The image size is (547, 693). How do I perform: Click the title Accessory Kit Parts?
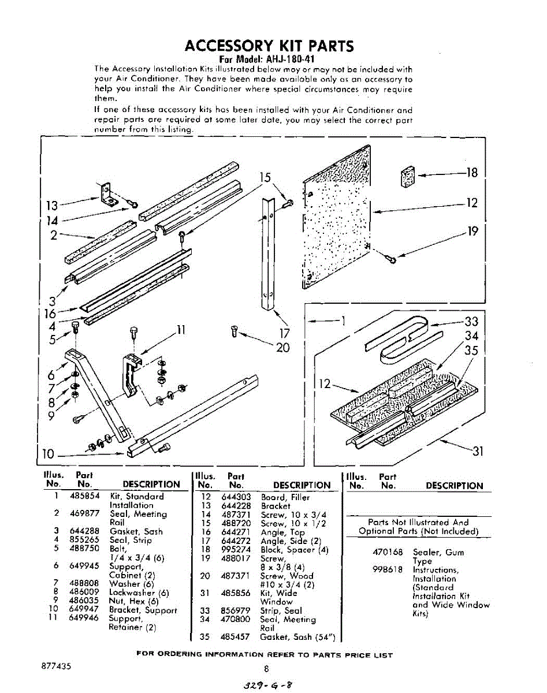[x=269, y=46]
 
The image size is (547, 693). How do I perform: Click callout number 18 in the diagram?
[x=471, y=173]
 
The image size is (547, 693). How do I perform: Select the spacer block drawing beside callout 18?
[x=408, y=176]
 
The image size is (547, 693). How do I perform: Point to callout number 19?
[x=472, y=231]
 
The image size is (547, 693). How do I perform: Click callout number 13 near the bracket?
[x=51, y=206]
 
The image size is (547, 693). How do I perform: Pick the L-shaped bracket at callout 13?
[x=108, y=194]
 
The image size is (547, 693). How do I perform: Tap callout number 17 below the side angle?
[x=284, y=333]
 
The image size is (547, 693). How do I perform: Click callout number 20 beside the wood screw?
[x=282, y=348]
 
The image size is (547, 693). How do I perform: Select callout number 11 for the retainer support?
[x=181, y=330]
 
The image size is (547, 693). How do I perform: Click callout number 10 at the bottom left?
[x=49, y=454]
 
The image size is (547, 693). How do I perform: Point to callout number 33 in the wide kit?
[x=471, y=322]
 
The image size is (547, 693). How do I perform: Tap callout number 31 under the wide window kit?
[x=478, y=451]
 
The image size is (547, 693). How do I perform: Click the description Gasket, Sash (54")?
[x=297, y=636]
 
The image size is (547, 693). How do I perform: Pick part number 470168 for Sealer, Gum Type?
[x=388, y=552]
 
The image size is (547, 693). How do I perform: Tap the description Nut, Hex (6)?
[x=133, y=601]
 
